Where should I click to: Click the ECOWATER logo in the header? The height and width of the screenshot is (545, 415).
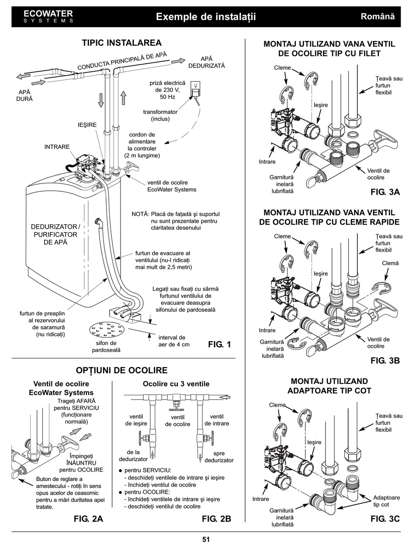point(48,16)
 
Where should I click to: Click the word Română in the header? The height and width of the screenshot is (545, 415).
point(377,17)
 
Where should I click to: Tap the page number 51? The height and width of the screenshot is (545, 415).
point(206,539)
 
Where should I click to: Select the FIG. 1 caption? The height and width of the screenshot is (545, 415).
point(219,345)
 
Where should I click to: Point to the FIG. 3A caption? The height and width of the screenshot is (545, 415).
point(385,192)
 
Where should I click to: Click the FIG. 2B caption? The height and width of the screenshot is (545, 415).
point(216,519)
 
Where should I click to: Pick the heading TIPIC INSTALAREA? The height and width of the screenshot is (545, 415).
point(122,43)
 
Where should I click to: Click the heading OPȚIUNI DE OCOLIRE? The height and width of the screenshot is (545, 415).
point(122,370)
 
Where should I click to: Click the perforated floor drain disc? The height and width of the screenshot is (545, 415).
point(106,330)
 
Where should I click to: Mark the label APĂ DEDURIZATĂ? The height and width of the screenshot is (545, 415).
point(206,62)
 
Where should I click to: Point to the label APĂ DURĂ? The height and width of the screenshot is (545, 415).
point(24,96)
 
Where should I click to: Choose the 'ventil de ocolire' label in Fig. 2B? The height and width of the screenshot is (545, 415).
point(177,421)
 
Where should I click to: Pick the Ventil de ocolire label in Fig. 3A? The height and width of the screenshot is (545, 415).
point(378,174)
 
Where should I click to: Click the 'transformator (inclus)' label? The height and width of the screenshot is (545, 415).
point(160,115)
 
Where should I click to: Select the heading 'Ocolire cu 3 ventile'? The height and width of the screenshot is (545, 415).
point(176,384)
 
